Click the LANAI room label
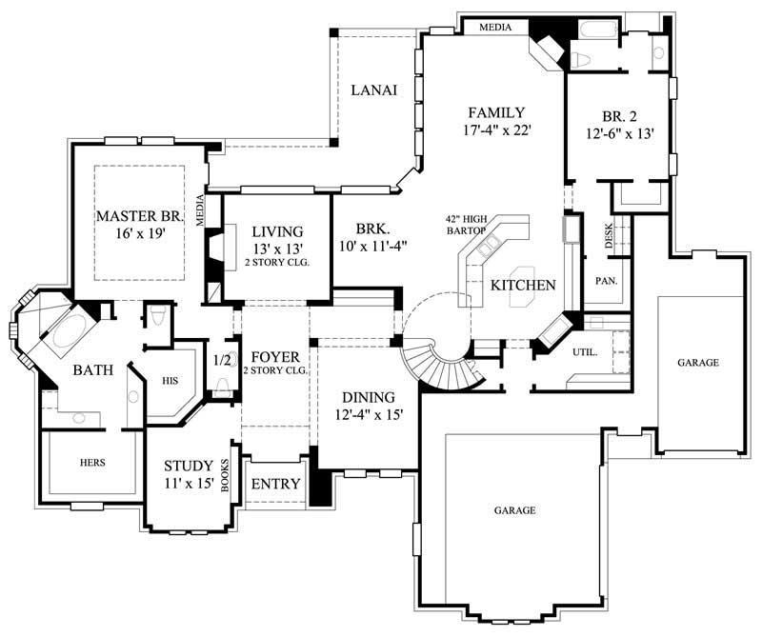coord(373,90)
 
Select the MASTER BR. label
coord(138,216)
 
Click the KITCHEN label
coord(523,286)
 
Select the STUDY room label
coord(188,467)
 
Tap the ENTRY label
coord(275,484)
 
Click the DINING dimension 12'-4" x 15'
coord(362,415)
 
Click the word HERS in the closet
coord(92,463)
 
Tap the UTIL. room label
coord(585,352)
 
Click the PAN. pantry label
coord(603,282)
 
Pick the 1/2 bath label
coord(221,361)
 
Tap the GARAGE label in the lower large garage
coord(513,510)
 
